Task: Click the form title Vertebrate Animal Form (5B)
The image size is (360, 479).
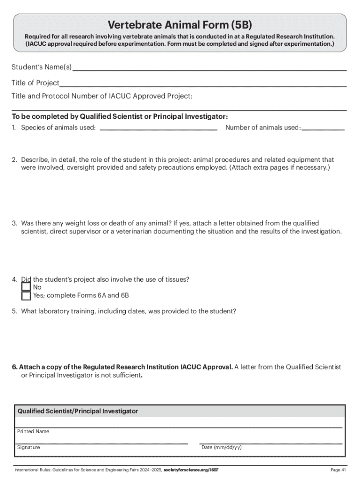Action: click(x=180, y=24)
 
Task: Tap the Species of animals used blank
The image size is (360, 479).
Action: click(x=159, y=128)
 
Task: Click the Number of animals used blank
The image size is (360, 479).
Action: click(x=323, y=128)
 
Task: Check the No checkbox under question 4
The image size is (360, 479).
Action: click(x=26, y=287)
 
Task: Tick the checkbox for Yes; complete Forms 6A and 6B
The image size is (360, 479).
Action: click(x=26, y=296)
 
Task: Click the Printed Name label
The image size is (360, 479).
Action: click(x=33, y=432)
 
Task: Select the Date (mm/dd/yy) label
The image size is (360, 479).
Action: click(x=221, y=448)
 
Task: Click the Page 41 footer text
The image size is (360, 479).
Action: click(x=338, y=470)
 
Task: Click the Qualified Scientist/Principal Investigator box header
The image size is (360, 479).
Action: click(x=78, y=411)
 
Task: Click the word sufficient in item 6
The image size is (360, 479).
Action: click(x=125, y=375)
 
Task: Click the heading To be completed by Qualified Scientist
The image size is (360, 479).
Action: click(x=120, y=116)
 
